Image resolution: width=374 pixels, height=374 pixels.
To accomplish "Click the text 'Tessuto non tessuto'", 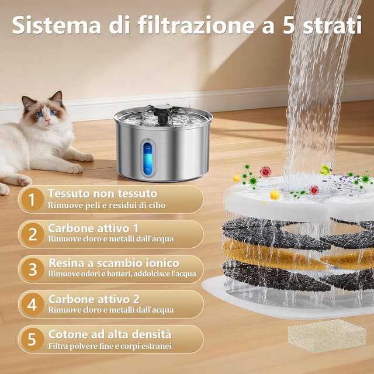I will point(102,193).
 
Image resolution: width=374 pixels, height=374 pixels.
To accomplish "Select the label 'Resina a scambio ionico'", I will point(113,264).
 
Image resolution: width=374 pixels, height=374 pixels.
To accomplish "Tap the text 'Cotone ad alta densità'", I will point(110,334).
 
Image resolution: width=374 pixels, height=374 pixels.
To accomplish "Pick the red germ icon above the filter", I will point(266,171).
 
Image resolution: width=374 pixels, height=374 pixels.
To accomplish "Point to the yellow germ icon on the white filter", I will point(275,195).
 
